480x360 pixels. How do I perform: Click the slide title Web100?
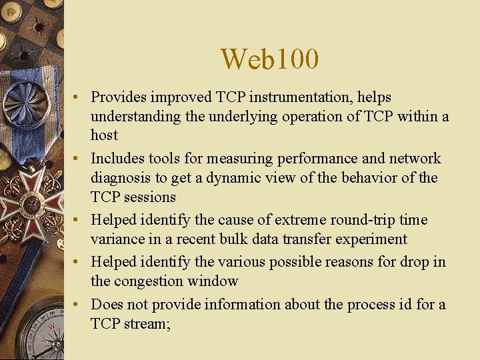point(270,59)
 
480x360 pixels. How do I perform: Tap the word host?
point(104,135)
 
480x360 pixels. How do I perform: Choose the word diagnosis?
point(123,178)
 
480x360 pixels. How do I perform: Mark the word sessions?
point(147,197)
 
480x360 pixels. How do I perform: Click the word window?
point(215,281)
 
